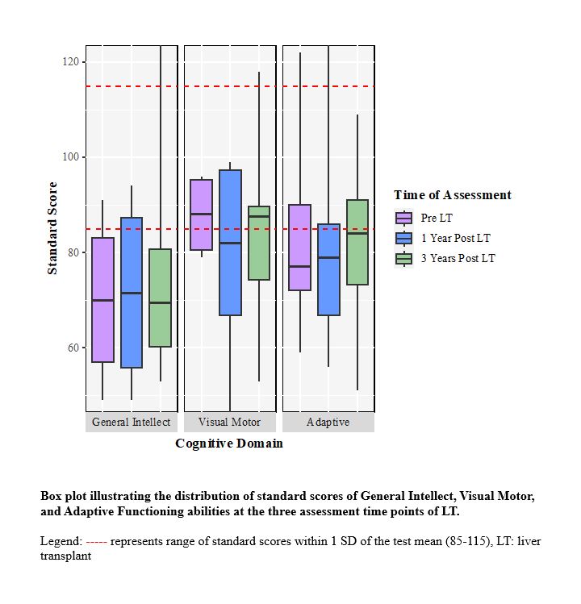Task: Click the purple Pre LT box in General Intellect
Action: coord(102,300)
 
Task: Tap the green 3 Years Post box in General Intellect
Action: coord(161,298)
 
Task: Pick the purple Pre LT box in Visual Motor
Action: coord(201,215)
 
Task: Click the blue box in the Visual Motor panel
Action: coord(230,243)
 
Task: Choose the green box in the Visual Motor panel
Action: coord(259,243)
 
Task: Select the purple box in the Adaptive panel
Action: coord(299,248)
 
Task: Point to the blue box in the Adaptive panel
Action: coord(328,269)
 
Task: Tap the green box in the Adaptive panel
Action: coord(357,242)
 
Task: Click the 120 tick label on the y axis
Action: coord(71,62)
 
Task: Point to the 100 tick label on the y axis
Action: coord(71,157)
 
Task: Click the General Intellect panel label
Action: coord(132,423)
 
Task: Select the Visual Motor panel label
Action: coord(230,423)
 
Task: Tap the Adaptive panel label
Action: coord(328,423)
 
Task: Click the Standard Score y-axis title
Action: coord(52,228)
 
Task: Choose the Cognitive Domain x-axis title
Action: coord(229,444)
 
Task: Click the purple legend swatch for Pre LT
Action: coord(403,218)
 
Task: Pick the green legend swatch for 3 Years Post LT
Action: coord(403,258)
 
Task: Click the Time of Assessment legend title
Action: coord(452,195)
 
